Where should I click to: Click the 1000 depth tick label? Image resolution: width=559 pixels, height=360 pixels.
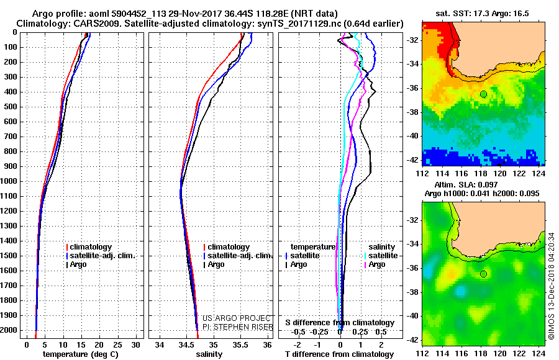point(9,181)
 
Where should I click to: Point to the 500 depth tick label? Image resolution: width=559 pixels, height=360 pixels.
point(11,107)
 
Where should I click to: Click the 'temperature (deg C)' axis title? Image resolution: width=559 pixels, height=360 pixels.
point(81,354)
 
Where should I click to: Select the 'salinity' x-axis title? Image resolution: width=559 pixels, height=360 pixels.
point(209,354)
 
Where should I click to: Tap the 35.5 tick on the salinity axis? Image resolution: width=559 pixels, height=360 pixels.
point(240,344)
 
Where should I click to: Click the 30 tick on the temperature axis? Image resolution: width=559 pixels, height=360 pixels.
point(135,344)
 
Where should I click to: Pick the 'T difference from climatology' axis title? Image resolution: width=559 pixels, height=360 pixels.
point(339,354)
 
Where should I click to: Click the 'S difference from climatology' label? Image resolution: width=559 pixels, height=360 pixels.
point(340,323)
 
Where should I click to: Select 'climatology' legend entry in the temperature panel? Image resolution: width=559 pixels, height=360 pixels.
point(89,246)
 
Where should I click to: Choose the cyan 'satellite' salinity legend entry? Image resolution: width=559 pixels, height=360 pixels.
point(381,256)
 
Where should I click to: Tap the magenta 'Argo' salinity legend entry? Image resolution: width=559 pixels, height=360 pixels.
point(375,264)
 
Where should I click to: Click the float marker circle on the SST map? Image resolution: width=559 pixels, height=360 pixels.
point(483,94)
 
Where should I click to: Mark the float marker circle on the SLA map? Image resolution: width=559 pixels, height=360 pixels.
point(483,274)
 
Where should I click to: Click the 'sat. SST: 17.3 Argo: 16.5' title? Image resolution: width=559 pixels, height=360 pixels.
point(483,14)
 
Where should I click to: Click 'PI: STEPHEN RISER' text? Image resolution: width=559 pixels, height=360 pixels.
point(238,327)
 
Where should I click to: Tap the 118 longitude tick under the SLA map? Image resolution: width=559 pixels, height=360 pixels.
point(480,353)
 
